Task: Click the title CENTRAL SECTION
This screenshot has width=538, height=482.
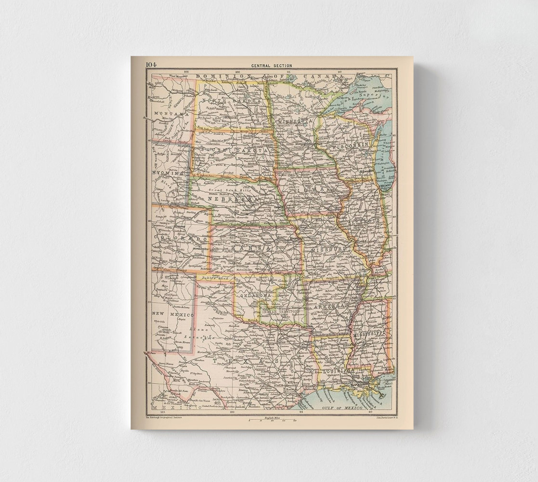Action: point(271,66)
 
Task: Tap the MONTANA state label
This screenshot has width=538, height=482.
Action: point(167,113)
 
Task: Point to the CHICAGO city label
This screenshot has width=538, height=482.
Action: point(386,185)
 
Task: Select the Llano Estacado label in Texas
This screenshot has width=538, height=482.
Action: point(202,334)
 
